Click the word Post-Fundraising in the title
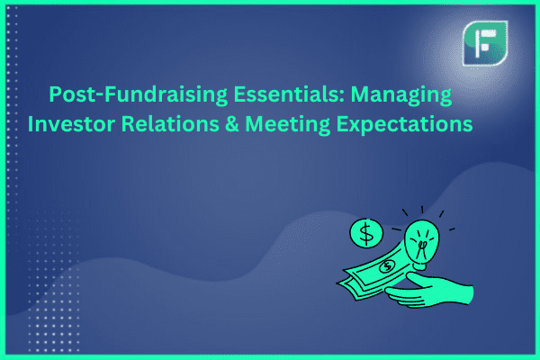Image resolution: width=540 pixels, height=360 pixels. point(138,94)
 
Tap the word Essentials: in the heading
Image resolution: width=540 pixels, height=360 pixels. point(289,94)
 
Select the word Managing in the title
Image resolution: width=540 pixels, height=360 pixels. point(401,95)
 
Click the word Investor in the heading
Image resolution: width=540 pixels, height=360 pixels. point(71,124)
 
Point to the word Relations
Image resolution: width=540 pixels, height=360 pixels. point(170,123)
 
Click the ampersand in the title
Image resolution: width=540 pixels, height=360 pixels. point(232,124)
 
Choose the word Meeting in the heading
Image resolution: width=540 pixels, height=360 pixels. point(288,125)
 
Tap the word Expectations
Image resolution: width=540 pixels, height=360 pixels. point(404,125)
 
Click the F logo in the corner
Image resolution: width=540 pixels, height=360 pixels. point(485,43)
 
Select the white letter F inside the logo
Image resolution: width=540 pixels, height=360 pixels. point(484,42)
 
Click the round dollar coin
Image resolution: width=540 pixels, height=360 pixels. point(366,234)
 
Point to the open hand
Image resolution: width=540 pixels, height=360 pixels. point(430,291)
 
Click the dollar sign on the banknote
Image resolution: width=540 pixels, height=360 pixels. point(388,265)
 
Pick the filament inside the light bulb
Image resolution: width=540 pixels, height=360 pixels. point(422,247)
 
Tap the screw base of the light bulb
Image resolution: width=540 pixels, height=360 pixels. point(421,266)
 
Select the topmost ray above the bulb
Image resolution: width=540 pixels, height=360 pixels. point(422,210)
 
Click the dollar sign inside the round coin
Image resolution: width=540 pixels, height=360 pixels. point(366,233)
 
